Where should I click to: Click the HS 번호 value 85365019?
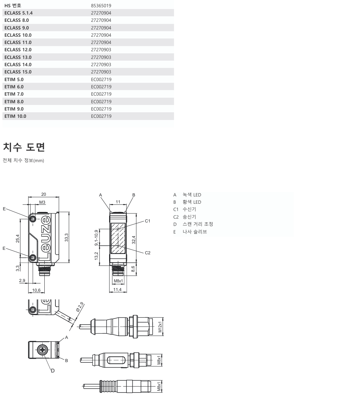point(101,6)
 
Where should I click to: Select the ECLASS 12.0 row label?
point(18,50)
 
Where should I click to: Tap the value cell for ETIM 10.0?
point(101,116)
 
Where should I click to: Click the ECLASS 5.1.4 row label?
point(20,13)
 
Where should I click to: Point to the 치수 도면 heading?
point(24,147)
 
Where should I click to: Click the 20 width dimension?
point(44,194)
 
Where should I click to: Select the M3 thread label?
point(42,202)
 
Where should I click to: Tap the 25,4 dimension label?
point(17,238)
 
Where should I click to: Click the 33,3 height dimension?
point(67,238)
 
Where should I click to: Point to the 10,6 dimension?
point(36,290)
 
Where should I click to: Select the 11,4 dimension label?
point(118,290)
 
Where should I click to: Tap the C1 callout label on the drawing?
point(147,221)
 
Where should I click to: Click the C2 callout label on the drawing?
point(147,253)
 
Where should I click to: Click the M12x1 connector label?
point(160,327)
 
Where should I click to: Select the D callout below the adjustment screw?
point(53,370)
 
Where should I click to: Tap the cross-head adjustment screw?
point(43,350)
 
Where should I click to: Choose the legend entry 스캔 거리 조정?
point(198,224)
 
